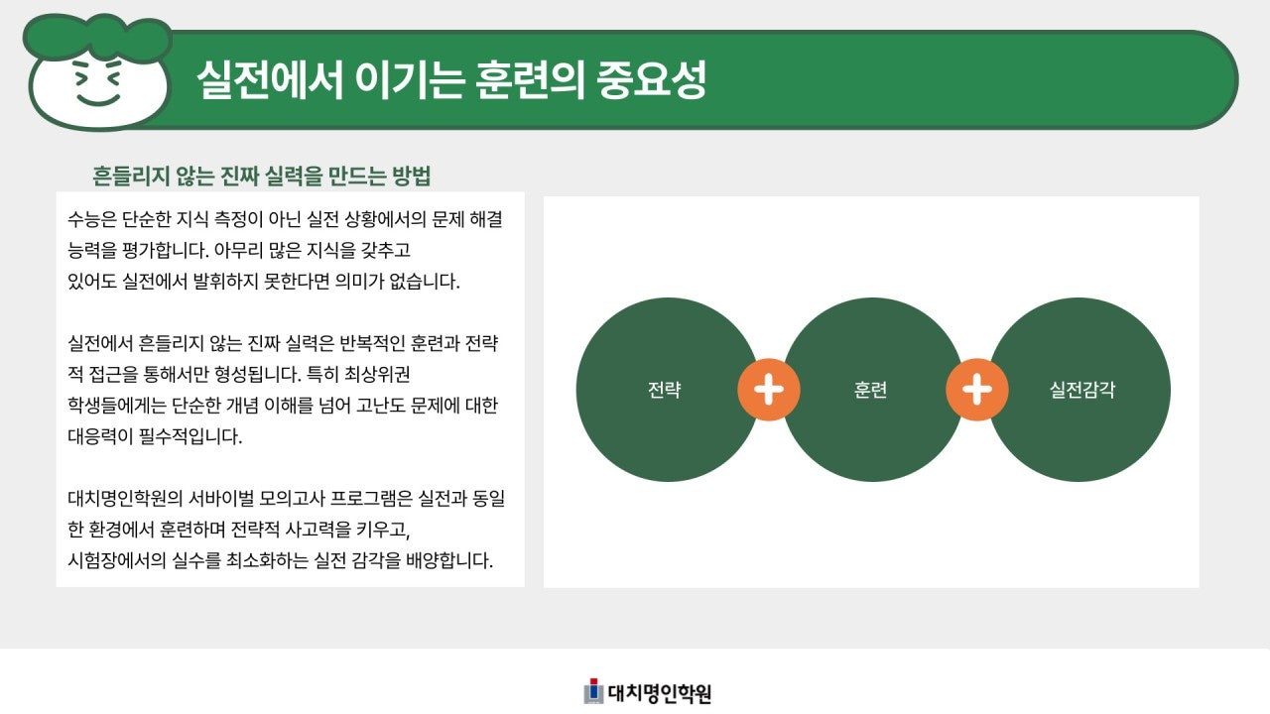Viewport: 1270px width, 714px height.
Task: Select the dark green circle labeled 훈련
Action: point(871,390)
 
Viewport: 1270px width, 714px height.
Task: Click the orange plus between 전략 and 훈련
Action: point(769,390)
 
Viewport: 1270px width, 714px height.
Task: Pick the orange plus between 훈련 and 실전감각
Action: point(976,390)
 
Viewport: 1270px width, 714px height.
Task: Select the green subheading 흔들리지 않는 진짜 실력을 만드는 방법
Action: point(261,177)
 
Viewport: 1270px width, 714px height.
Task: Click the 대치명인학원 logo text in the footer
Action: point(660,693)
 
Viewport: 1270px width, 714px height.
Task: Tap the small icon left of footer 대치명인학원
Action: point(593,691)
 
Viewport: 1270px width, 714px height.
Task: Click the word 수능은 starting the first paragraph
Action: point(92,217)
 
